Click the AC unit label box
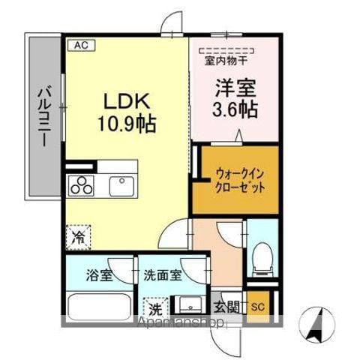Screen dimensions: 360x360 pyautogui.click(x=82, y=46)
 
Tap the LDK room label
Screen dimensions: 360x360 pyautogui.click(x=127, y=101)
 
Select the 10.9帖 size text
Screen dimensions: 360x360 pyautogui.click(x=127, y=123)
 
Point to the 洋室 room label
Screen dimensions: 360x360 pyautogui.click(x=235, y=88)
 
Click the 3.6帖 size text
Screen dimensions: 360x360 pyautogui.click(x=235, y=109)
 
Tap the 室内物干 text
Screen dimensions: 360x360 pyautogui.click(x=226, y=61)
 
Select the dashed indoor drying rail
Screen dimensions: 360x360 pyautogui.click(x=226, y=50)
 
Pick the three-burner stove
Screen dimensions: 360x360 pyautogui.click(x=81, y=185)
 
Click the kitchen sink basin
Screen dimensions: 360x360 pyautogui.click(x=121, y=186)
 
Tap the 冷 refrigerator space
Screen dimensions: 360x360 pyautogui.click(x=78, y=237)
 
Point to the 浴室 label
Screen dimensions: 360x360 pyautogui.click(x=100, y=275)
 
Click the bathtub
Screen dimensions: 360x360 pyautogui.click(x=100, y=307)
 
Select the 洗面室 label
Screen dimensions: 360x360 pyautogui.click(x=163, y=275)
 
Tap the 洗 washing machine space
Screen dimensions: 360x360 pyautogui.click(x=156, y=310)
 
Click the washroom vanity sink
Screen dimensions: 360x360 pyautogui.click(x=190, y=304)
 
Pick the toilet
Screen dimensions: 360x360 pyautogui.click(x=262, y=259)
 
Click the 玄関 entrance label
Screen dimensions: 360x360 pyautogui.click(x=226, y=307)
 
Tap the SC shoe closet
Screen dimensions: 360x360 pyautogui.click(x=258, y=307)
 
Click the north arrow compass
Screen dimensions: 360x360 pyautogui.click(x=317, y=325)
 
